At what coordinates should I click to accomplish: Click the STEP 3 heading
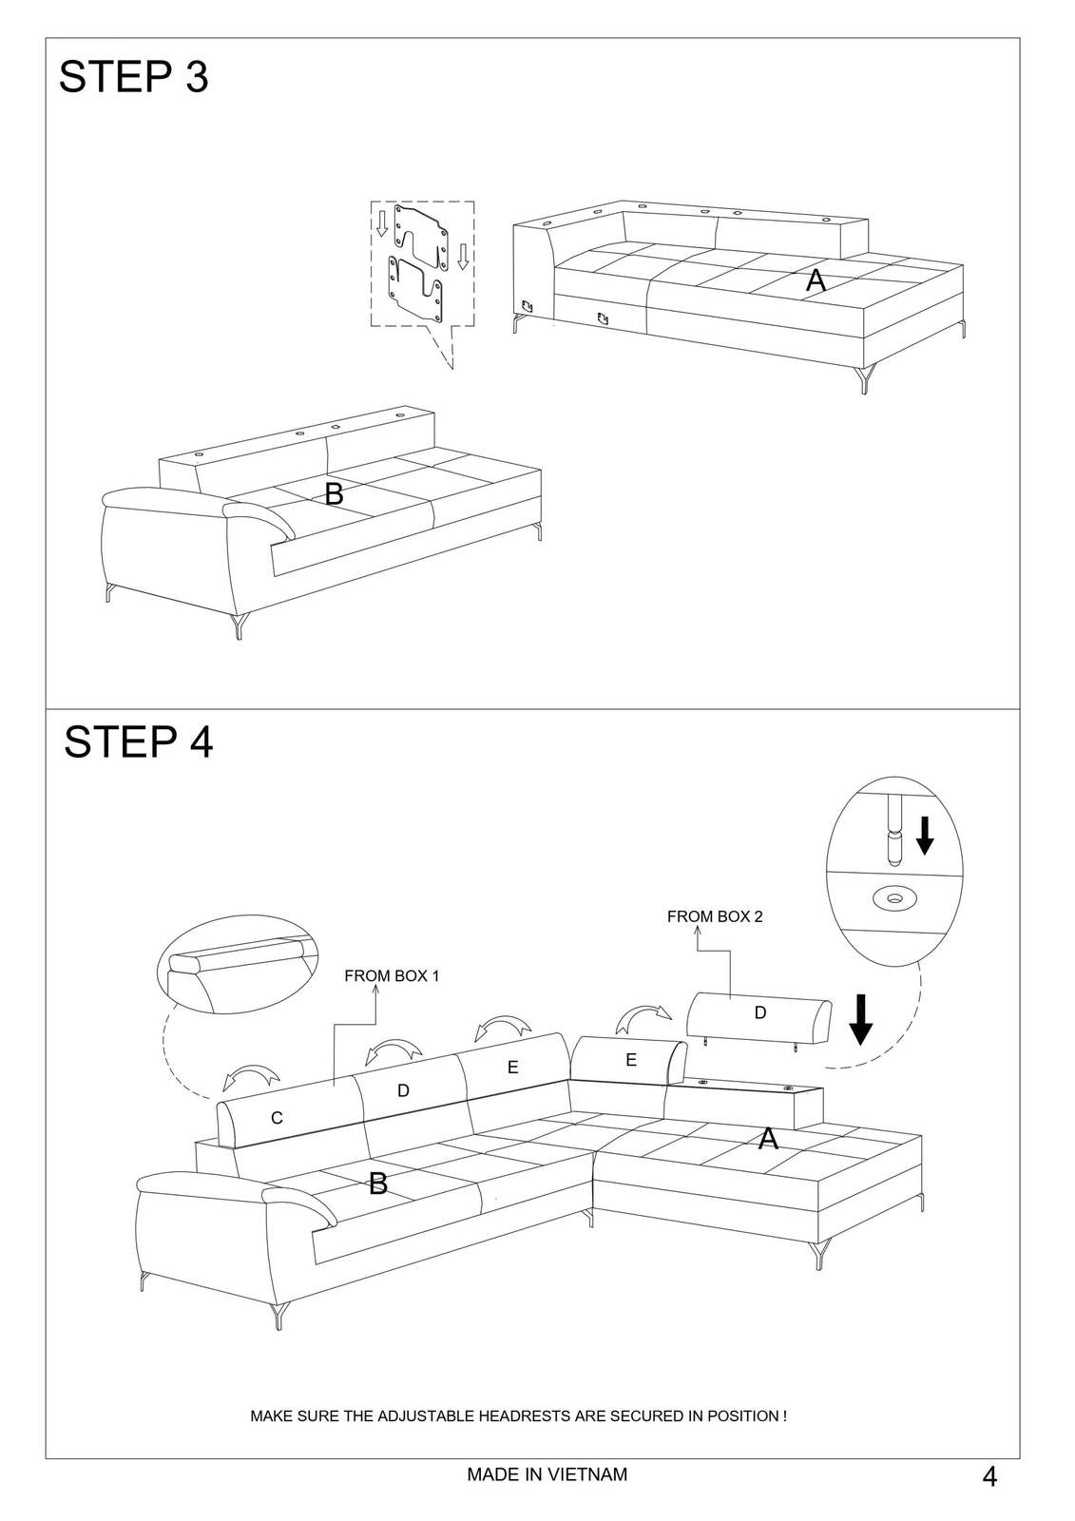133,76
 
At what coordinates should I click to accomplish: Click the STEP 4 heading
139,741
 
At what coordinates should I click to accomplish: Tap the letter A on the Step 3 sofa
816,280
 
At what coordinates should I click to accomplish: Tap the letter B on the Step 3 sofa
334,493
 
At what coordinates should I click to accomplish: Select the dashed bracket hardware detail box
422,264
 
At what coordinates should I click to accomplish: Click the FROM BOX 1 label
392,975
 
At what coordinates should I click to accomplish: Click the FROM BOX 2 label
715,916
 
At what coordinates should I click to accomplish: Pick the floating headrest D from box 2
759,1017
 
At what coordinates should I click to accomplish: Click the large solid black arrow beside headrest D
861,1019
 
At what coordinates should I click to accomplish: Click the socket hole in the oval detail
895,898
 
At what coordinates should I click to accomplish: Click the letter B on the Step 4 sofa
378,1184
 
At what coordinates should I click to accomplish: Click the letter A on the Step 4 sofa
768,1139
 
